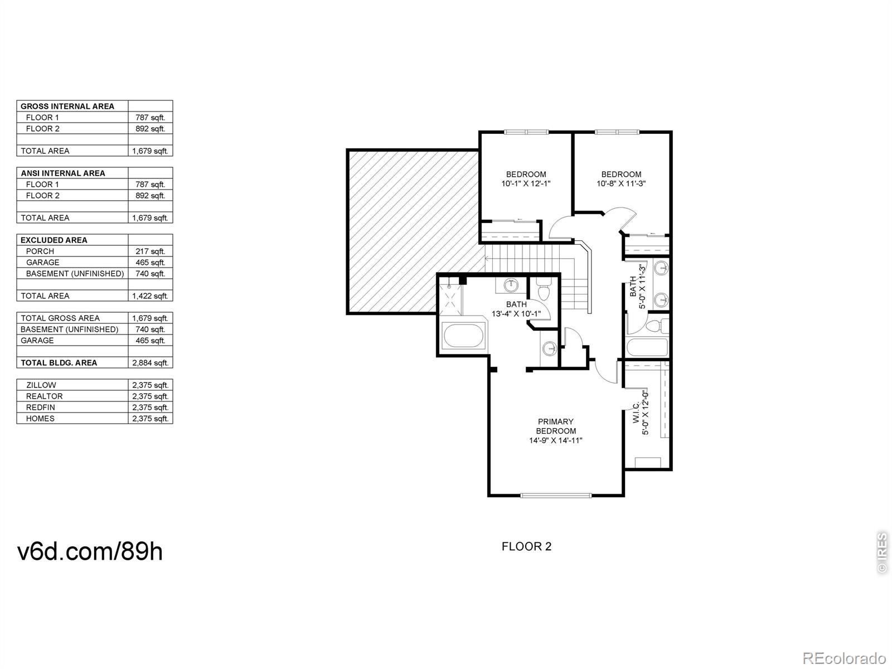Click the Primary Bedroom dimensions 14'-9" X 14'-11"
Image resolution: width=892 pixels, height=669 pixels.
555,440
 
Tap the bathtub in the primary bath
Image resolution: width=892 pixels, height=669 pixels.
463,336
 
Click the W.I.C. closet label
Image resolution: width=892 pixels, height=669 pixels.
637,412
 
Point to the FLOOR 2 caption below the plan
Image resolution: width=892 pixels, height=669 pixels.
526,546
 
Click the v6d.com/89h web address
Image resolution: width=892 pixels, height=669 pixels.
90,551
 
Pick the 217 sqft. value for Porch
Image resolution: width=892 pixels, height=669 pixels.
151,251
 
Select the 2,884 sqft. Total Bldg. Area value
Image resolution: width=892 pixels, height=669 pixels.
151,363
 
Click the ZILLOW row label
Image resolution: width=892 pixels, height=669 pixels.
41,385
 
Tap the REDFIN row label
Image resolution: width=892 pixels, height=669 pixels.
40,408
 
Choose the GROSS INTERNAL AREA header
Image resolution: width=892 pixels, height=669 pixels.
67,106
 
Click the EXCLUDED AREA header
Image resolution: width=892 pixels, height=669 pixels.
54,240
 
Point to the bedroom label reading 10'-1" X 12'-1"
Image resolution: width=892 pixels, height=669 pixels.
526,183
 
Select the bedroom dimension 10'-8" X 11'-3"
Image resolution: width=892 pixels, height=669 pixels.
621,183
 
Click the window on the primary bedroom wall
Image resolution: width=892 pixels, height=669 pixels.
556,495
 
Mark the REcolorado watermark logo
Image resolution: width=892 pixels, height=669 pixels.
844,657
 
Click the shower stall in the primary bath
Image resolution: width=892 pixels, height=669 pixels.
450,296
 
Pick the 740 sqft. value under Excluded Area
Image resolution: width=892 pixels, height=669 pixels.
151,274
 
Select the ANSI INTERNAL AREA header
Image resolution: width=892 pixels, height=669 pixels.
63,173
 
